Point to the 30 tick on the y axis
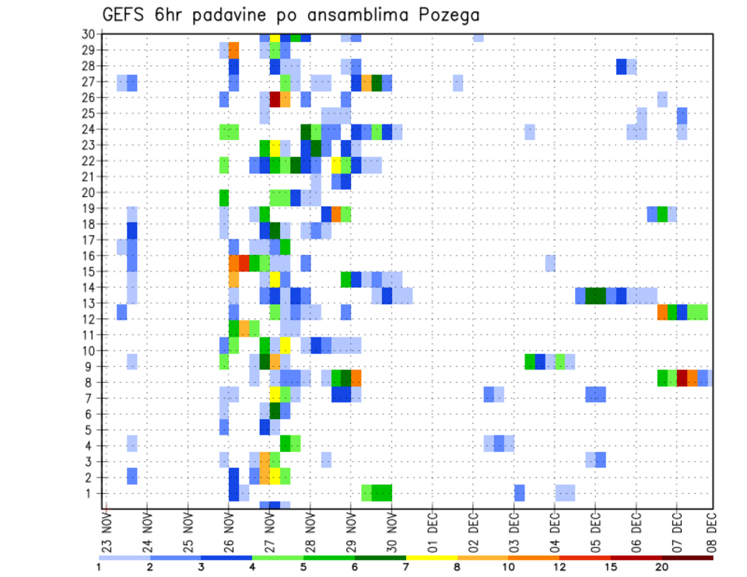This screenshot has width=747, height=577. (x=88, y=34)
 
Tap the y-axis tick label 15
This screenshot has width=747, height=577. (x=88, y=271)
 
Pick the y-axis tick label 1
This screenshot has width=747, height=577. (x=91, y=492)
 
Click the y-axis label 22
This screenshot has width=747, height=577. (x=88, y=161)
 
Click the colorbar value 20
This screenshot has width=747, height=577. (x=663, y=568)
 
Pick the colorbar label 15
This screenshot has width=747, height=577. (x=612, y=568)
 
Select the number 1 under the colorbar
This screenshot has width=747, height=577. (x=99, y=568)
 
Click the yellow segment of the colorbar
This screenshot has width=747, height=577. (x=432, y=558)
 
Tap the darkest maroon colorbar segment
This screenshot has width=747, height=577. (x=688, y=558)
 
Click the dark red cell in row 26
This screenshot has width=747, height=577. (x=275, y=99)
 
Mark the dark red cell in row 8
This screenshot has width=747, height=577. (x=682, y=378)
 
